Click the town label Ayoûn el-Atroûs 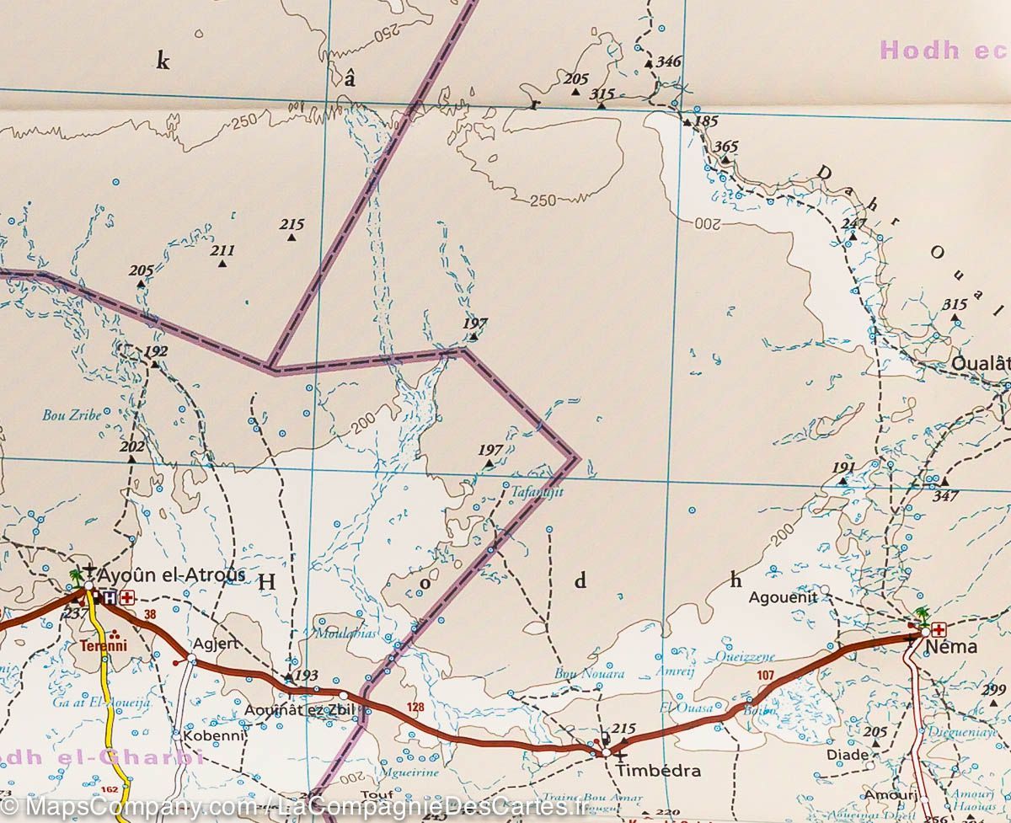(171, 575)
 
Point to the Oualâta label (982, 364)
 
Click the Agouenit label (784, 597)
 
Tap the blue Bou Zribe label (72, 414)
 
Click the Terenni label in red (103, 647)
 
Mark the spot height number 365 (725, 147)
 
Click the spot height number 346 (668, 61)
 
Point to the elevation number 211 (222, 250)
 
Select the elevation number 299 (994, 691)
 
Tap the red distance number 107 (765, 675)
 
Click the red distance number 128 (415, 707)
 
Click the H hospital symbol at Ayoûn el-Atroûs (110, 598)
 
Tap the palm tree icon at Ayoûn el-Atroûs (77, 577)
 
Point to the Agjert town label (217, 644)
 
